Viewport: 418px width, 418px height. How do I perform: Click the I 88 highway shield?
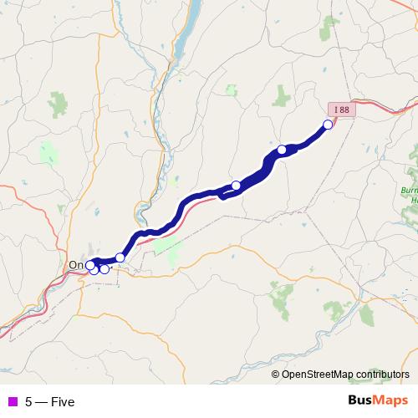341,110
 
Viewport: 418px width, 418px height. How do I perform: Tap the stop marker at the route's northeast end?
328,125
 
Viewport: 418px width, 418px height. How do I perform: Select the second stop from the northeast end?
283,150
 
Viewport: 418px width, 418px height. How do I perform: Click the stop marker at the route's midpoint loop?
237,185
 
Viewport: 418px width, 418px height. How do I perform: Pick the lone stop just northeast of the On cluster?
120,257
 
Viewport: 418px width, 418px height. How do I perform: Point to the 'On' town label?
75,265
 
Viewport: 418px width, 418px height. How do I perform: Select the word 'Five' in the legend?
63,402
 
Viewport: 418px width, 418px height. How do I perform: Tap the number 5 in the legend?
28,402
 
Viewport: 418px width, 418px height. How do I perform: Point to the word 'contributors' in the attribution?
382,375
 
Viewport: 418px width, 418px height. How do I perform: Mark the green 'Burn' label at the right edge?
409,191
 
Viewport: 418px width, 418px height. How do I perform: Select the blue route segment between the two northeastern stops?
306,139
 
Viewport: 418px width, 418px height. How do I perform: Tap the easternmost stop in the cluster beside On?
104,268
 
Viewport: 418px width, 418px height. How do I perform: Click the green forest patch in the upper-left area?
58,104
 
